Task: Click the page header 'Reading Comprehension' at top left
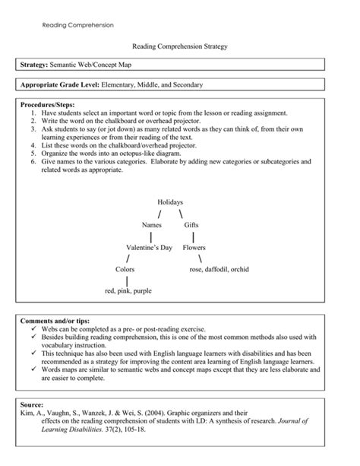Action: [77, 25]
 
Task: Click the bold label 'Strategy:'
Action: [35, 66]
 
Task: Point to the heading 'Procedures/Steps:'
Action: [49, 103]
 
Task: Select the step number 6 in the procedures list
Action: [34, 162]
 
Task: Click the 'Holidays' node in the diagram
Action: [170, 202]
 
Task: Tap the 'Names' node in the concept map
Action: [152, 225]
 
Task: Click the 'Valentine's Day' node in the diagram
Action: [149, 247]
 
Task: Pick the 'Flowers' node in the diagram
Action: [194, 247]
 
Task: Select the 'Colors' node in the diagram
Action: [125, 269]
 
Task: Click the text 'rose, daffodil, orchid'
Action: [219, 269]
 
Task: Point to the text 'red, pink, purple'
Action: [128, 290]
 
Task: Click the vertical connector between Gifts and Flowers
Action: [194, 236]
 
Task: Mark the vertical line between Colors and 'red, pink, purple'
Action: [127, 280]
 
